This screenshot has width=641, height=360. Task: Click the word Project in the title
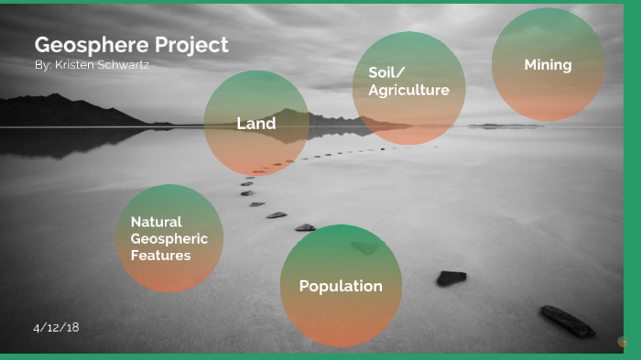click(188, 45)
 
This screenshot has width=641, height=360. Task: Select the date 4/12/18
click(56, 327)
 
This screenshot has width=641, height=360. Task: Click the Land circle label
click(255, 124)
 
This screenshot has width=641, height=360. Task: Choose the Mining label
click(548, 65)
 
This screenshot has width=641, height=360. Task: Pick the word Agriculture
click(408, 90)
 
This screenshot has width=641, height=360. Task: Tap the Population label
click(341, 286)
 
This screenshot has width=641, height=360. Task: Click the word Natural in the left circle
click(156, 222)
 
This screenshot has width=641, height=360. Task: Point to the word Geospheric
click(168, 239)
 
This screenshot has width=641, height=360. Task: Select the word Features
click(160, 256)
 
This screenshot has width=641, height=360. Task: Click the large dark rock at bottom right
click(567, 321)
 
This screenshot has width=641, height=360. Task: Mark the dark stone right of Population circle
click(451, 278)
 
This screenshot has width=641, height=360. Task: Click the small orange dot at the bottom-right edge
click(623, 342)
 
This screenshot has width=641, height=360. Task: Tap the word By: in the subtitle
click(42, 65)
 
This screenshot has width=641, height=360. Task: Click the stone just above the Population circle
click(305, 227)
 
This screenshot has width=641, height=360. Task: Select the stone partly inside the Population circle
click(364, 247)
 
